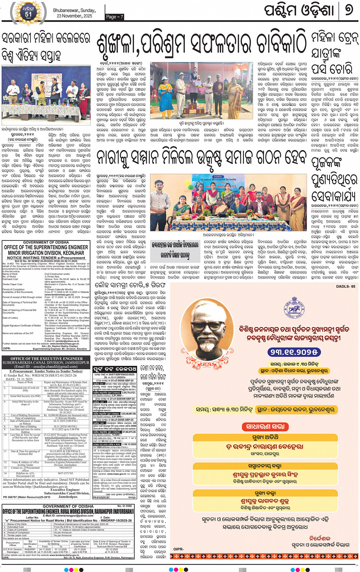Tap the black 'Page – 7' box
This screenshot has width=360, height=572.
pyautogui.click(x=115, y=17)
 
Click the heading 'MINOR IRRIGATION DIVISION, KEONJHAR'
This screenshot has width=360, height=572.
pyautogui.click(x=46, y=253)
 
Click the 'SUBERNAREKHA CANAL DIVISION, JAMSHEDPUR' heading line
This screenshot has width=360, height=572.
pyautogui.click(x=46, y=362)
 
